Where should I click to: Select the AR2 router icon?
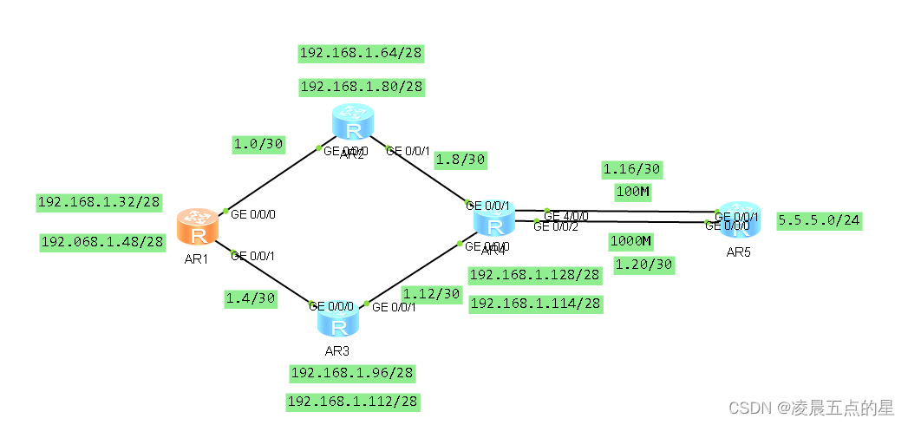pyautogui.click(x=352, y=122)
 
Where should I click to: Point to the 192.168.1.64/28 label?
pyautogui.click(x=361, y=54)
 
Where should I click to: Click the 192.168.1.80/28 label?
pyautogui.click(x=361, y=87)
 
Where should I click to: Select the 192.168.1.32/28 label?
pyautogui.click(x=99, y=202)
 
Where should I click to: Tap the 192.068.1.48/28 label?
pyautogui.click(x=102, y=242)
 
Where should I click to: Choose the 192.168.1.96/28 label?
pyautogui.click(x=352, y=373)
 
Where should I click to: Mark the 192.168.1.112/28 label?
pyautogui.click(x=352, y=402)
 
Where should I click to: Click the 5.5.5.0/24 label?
pyautogui.click(x=819, y=220)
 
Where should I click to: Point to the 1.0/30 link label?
pyautogui.click(x=258, y=144)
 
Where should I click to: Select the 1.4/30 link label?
pyautogui.click(x=250, y=297)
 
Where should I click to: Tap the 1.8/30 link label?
pyautogui.click(x=460, y=159)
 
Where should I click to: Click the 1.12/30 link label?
pyautogui.click(x=432, y=293)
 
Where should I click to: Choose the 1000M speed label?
pyautogui.click(x=630, y=240)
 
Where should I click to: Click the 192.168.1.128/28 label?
pyautogui.click(x=534, y=275)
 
